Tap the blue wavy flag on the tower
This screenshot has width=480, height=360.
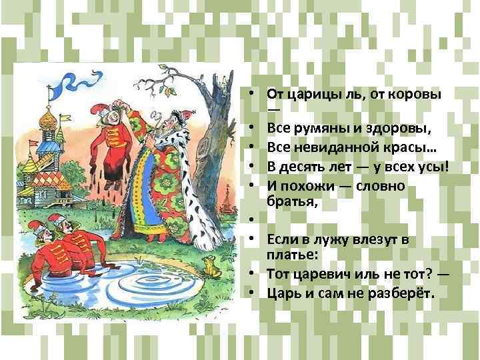(66, 83)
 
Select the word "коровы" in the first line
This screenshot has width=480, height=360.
(419, 93)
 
